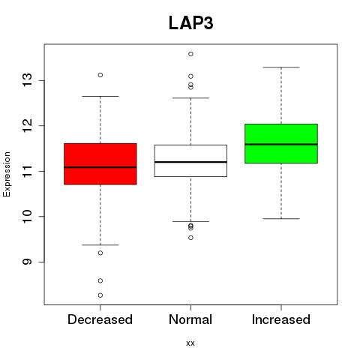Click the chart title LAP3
[191, 23]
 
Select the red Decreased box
[100, 164]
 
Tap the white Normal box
[190, 160]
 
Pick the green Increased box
[281, 143]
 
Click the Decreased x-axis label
[100, 319]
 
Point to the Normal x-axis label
[190, 319]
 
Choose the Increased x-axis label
[281, 319]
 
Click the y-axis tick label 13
[28, 80]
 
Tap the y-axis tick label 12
[28, 125]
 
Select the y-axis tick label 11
[28, 171]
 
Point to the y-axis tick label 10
[28, 216]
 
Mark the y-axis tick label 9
[28, 262]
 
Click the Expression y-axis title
[7, 174]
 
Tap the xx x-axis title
[190, 343]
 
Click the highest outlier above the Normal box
[190, 54]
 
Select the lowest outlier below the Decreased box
[100, 295]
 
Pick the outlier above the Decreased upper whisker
[100, 75]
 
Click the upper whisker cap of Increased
[281, 67]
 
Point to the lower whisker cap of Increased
[281, 219]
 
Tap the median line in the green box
[281, 144]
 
